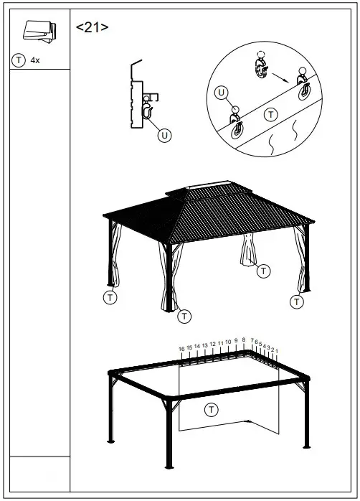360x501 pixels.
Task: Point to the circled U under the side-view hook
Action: coord(164,135)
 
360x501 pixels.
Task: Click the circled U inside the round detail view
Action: coord(222,93)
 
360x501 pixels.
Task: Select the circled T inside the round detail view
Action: coord(270,114)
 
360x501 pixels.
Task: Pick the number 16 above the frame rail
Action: coord(182,349)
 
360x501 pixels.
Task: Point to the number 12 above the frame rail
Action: coord(212,345)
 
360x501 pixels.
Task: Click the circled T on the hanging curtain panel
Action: coord(211,410)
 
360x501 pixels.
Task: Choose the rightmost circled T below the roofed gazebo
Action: coord(296,301)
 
